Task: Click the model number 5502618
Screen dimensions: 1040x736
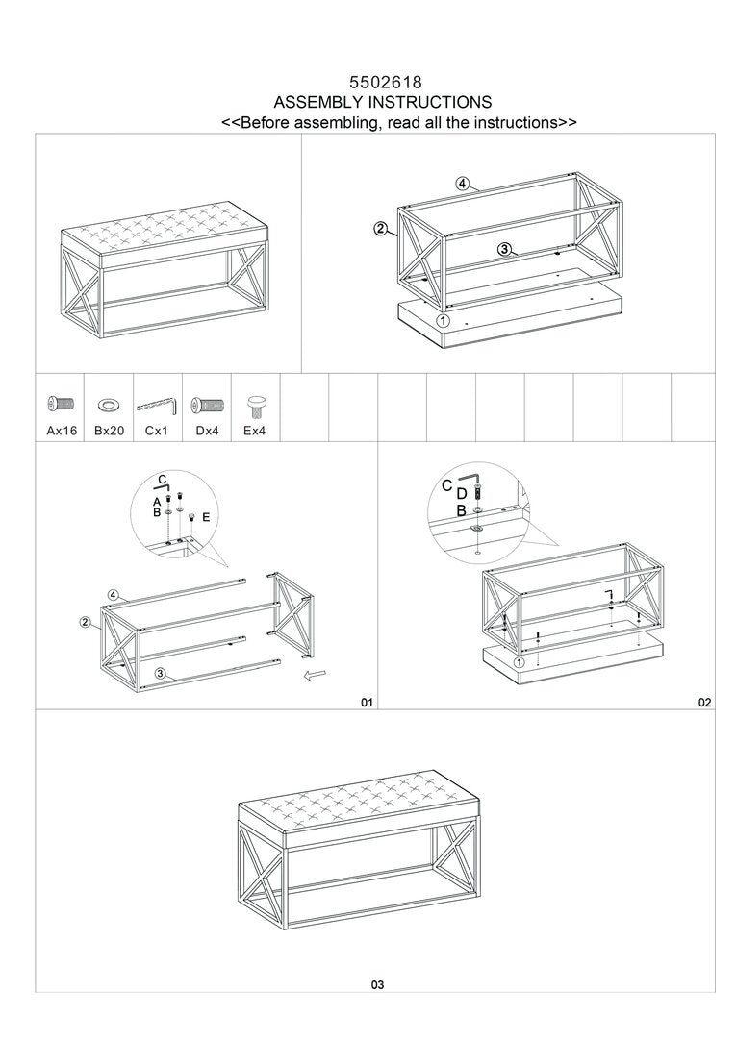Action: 383,84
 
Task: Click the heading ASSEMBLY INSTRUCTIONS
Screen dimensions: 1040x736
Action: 383,102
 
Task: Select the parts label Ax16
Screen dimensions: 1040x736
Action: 62,432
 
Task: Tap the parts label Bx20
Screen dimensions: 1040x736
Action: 110,432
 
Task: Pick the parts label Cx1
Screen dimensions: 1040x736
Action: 157,432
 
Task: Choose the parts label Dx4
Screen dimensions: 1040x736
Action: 208,432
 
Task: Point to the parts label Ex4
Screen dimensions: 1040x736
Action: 255,432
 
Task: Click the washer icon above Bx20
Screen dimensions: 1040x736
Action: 109,404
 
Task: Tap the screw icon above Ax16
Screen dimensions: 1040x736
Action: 61,404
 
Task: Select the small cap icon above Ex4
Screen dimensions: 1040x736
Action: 256,403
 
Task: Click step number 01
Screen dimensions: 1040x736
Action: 366,703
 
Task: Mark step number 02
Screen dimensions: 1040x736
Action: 705,703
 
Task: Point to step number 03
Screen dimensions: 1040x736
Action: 377,984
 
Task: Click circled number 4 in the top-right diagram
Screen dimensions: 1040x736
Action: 463,184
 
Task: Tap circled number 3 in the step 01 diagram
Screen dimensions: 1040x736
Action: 161,673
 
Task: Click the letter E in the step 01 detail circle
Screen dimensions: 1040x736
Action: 205,517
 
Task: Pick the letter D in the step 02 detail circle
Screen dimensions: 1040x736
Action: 461,495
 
